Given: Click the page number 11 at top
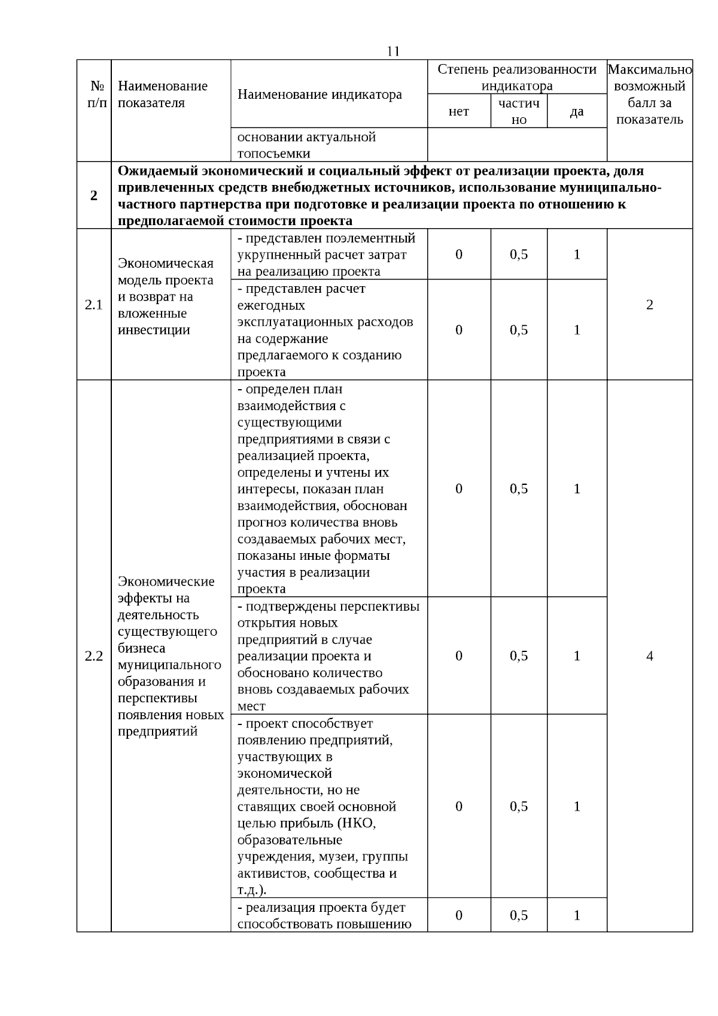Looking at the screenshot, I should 393,51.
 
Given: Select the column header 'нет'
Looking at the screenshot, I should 458,111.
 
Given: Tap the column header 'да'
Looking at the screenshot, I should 576,111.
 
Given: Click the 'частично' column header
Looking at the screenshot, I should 519,111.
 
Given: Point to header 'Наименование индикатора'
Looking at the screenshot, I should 320,95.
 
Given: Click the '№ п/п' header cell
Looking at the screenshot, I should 94,95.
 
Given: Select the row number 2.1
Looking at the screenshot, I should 94,305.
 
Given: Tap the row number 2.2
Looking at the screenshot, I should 94,656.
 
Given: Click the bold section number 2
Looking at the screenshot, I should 94,196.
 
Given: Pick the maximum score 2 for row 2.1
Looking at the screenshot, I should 649,305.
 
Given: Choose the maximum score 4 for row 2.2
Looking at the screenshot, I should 649,656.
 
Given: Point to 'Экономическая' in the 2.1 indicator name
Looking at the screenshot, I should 166,264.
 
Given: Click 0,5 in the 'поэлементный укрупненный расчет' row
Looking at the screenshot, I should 519,254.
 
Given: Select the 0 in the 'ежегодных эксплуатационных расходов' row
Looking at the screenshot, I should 458,330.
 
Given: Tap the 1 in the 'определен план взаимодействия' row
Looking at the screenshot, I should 576,489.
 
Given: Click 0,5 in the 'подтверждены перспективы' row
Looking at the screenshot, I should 519,656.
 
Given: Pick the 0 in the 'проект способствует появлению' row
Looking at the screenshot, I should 458,806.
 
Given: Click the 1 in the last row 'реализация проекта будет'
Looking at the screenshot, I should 576,915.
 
